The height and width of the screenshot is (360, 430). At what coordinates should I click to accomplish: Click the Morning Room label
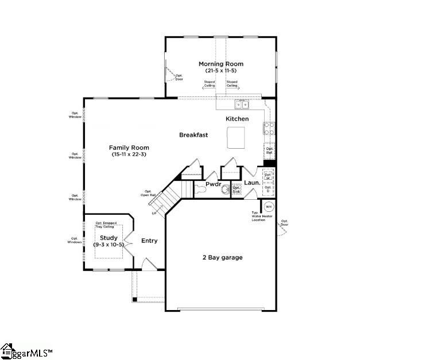click(x=220, y=64)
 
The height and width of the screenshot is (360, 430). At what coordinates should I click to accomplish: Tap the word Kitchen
click(x=237, y=119)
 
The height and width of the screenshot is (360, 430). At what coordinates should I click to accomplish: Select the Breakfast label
click(x=193, y=135)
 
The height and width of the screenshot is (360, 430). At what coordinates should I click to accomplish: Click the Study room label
click(x=109, y=238)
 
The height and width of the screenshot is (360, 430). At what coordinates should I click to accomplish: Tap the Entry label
click(x=149, y=241)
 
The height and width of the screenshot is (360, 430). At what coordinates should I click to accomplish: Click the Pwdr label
click(x=214, y=184)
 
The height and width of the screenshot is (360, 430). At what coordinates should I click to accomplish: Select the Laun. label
click(x=252, y=183)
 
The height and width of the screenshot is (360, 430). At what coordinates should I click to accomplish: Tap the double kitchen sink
click(x=241, y=104)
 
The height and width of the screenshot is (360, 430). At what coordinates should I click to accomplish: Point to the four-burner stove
click(x=268, y=129)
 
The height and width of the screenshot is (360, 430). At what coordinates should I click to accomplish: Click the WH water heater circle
click(x=269, y=206)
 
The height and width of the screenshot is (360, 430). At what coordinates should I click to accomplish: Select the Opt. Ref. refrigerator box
click(x=269, y=150)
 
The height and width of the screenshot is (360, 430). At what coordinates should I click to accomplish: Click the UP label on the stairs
click(x=154, y=213)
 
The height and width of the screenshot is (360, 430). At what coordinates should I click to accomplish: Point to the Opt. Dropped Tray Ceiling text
click(x=109, y=224)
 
